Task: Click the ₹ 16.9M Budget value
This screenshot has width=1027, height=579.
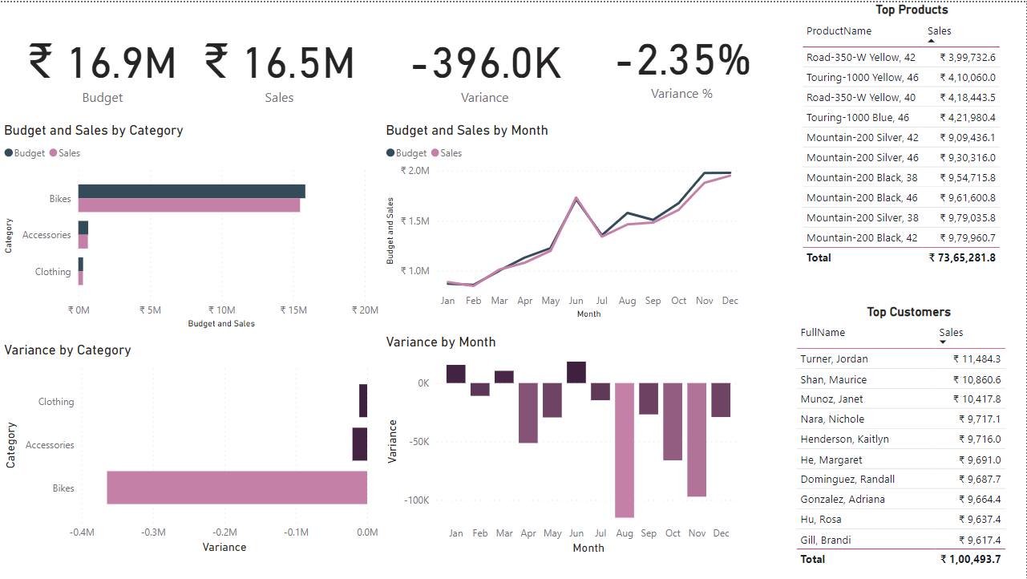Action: (x=103, y=63)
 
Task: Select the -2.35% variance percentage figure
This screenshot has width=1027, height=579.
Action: (x=682, y=59)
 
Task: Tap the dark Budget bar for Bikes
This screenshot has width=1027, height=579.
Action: (x=191, y=191)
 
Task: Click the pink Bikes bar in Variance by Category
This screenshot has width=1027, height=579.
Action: (x=237, y=488)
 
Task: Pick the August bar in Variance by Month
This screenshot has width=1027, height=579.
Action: (x=625, y=450)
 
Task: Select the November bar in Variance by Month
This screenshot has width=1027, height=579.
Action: (x=697, y=439)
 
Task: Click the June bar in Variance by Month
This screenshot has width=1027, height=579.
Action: (x=576, y=373)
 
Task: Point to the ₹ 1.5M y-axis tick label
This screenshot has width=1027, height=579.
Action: (x=415, y=221)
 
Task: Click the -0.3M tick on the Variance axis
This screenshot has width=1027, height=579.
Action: (x=153, y=532)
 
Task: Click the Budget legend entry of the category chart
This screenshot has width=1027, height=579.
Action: (x=25, y=153)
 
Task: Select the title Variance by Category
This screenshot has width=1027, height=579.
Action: (x=67, y=350)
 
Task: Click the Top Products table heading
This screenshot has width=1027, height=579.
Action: (x=912, y=10)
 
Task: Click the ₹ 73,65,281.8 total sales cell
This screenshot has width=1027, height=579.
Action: (x=962, y=257)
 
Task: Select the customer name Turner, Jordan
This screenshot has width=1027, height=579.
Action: (x=834, y=359)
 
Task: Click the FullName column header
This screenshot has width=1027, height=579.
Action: (x=823, y=332)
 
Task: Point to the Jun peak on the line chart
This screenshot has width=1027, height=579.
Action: (x=576, y=197)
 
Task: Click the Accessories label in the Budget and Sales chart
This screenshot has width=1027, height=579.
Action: (x=46, y=235)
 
